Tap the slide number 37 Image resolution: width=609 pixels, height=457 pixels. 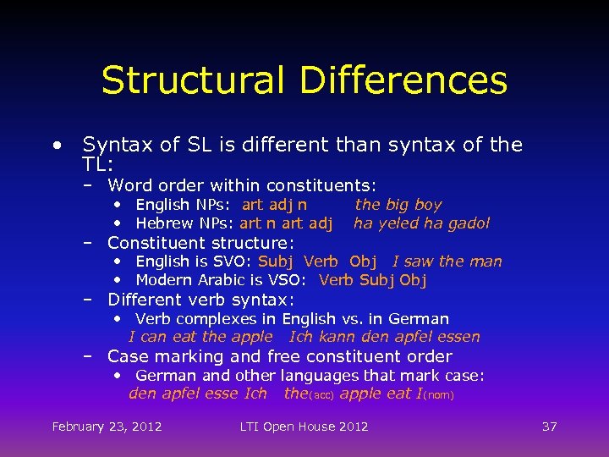point(549,427)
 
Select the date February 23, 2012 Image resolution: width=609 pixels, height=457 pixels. point(107,427)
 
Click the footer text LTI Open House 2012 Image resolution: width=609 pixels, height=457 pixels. point(304,427)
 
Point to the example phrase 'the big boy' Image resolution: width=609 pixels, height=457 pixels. point(398,204)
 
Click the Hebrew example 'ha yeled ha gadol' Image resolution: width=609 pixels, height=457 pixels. point(421,223)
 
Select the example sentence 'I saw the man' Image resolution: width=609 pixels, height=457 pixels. point(447,262)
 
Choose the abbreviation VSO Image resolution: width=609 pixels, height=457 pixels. point(291,280)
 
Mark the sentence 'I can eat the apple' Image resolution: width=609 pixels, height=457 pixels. point(200,337)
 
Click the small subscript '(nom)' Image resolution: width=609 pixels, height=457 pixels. point(438,395)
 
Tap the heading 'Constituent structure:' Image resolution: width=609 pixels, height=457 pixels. point(200,243)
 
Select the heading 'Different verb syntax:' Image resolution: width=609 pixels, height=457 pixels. point(200,300)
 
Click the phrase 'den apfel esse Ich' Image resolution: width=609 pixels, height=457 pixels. point(197,394)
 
